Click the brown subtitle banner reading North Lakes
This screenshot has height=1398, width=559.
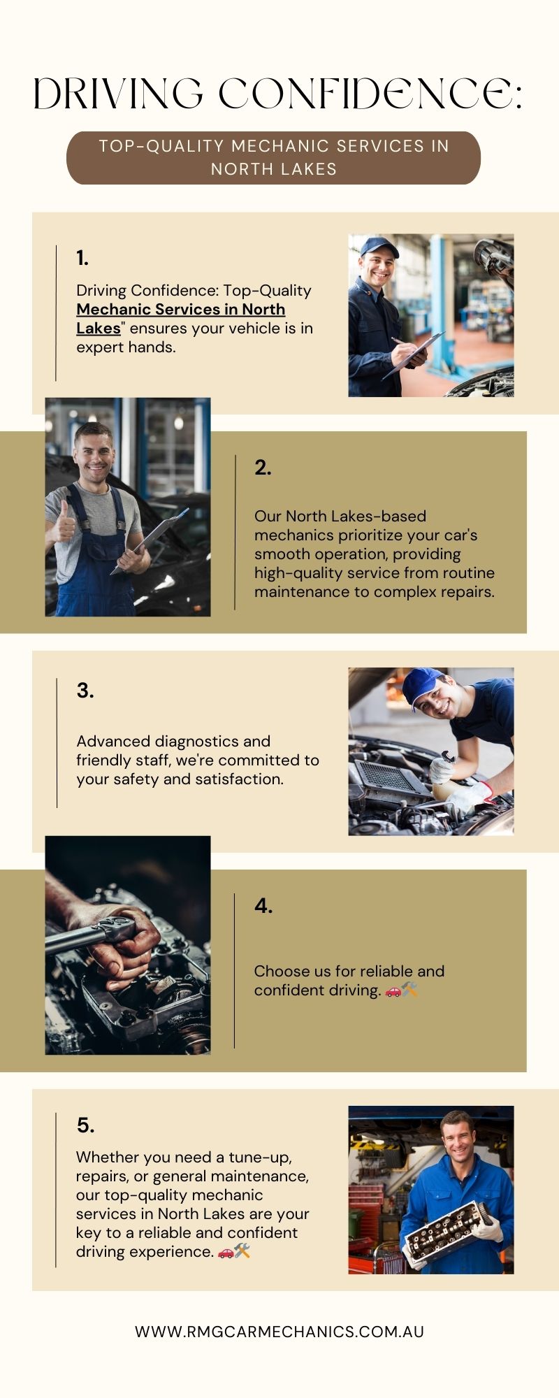coord(273,158)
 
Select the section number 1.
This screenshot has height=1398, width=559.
coord(82,258)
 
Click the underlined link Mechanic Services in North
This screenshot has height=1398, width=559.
coord(180,309)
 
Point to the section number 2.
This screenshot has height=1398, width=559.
coord(263,468)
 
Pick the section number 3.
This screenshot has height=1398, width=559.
coord(85,691)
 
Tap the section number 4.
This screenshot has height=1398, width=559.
coord(263,906)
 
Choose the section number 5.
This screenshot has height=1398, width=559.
coord(85,1125)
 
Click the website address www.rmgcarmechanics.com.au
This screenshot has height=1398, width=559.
coord(279,1332)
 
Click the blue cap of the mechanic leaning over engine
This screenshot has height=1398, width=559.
coord(422,685)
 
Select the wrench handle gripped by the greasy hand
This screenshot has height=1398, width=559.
coord(87,935)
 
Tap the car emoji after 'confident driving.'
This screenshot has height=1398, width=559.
coord(393,990)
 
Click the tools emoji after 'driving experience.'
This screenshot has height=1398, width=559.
coord(242,1251)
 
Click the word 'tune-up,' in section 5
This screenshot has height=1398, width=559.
coord(260,1157)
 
